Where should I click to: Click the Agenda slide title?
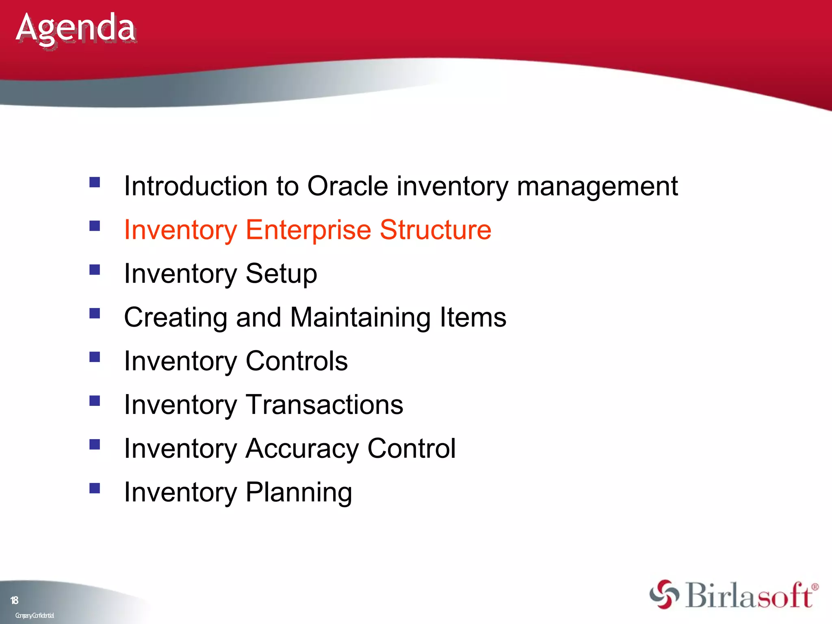tap(76, 28)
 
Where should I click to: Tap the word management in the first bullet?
tap(597, 186)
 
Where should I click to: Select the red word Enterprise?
tap(308, 230)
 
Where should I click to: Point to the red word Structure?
tap(435, 230)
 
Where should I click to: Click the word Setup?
tap(281, 274)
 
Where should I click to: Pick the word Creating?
tap(175, 317)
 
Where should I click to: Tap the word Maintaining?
tap(360, 317)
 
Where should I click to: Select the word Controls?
tap(297, 361)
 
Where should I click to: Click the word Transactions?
tap(325, 405)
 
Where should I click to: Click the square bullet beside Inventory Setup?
tap(95, 270)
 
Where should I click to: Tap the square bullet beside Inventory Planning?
tap(95, 488)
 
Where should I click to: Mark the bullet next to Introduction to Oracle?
tap(95, 182)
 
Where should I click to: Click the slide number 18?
tap(14, 600)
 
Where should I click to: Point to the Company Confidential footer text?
tap(35, 615)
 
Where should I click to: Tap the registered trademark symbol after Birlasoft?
tap(815, 587)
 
